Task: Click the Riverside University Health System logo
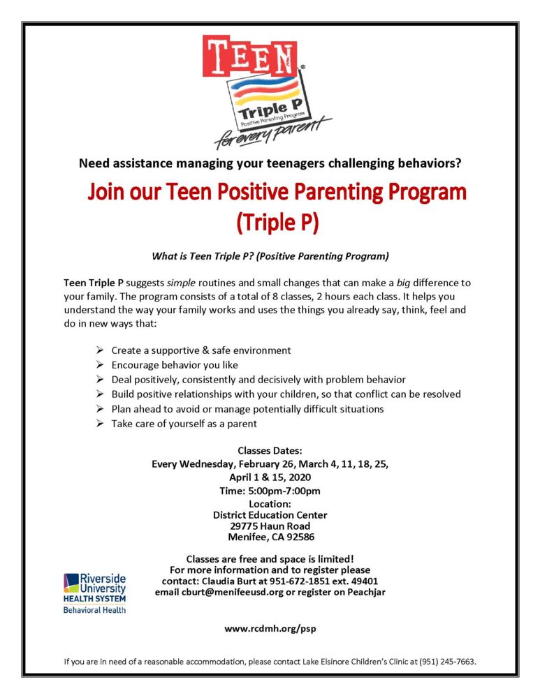95,593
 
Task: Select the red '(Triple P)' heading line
277,222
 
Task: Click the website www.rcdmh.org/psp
270,628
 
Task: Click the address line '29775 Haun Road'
270,526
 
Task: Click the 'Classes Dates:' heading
270,450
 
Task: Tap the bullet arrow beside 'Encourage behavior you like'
100,365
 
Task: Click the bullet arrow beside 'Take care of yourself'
100,424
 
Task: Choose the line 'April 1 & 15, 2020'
270,477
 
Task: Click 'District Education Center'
270,515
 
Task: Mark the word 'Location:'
270,504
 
